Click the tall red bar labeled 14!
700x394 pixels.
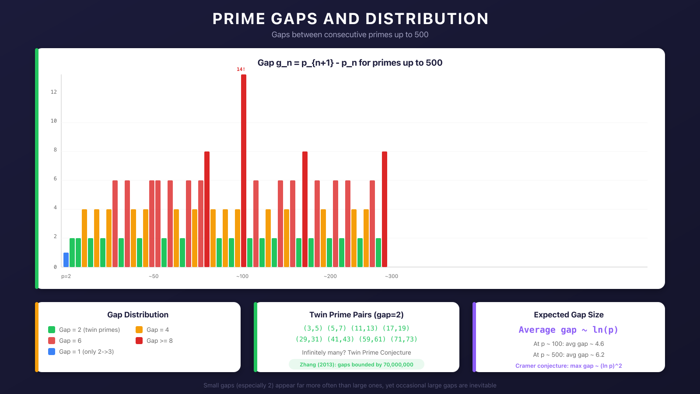(244, 171)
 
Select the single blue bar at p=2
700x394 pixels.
(66, 260)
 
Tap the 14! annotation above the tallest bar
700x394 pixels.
(241, 69)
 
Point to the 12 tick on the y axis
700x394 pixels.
(54, 92)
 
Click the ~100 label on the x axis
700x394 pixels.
(242, 276)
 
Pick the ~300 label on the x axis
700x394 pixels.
(392, 276)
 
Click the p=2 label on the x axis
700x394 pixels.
(66, 276)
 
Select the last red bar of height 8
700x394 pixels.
(385, 209)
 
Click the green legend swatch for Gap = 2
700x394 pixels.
(52, 330)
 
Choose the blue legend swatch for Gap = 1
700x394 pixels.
(52, 352)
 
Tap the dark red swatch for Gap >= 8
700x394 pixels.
(139, 341)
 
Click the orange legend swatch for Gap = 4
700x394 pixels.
(139, 330)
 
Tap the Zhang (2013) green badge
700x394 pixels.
(357, 364)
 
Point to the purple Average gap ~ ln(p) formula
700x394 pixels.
(568, 330)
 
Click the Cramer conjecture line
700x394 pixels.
(568, 366)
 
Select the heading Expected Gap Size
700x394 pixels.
(568, 315)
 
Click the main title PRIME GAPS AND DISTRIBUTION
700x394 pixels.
(350, 19)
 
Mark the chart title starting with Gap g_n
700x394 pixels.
(350, 63)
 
